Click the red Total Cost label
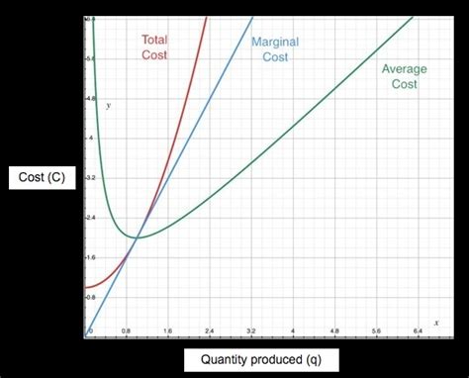(154, 47)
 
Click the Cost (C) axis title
(42, 178)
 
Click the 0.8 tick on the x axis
(126, 330)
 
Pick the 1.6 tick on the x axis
(167, 330)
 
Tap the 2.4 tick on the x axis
(209, 330)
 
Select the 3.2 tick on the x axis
(251, 330)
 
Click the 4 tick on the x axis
(293, 330)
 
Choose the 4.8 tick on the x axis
(334, 330)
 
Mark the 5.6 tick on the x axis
(376, 330)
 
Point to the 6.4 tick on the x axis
(418, 330)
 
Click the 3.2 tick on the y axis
(90, 178)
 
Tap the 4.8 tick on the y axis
(90, 100)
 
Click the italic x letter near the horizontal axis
(435, 310)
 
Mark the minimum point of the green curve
(137, 237)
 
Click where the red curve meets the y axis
(86, 287)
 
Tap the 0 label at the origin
(90, 330)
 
